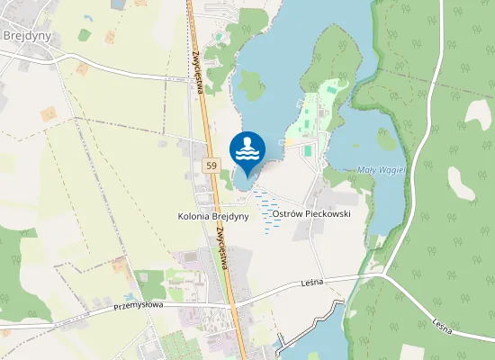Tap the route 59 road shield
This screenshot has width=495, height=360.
tap(211, 166)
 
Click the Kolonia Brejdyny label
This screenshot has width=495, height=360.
tap(213, 217)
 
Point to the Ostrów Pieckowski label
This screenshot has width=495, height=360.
tap(310, 215)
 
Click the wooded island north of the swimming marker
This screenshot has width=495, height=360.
tap(250, 85)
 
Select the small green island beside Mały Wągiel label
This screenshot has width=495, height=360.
tap(387, 141)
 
